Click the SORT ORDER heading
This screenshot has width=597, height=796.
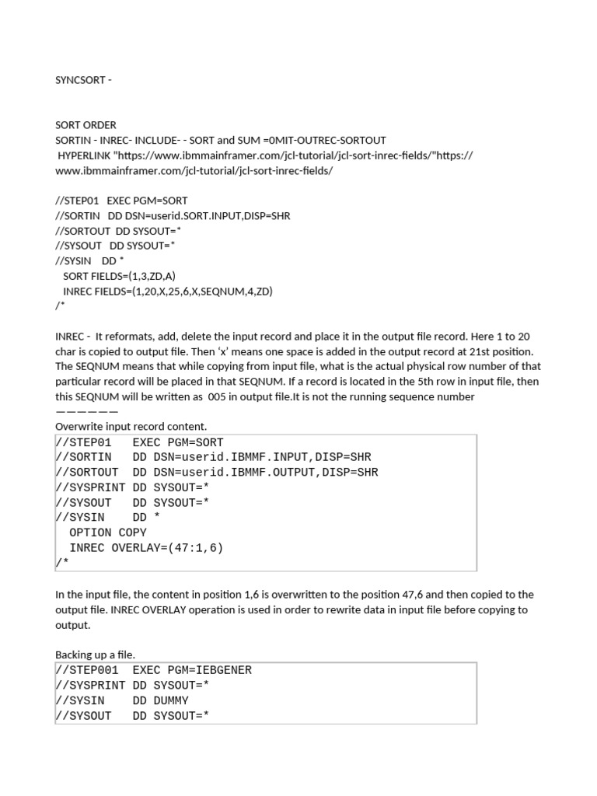[x=86, y=125]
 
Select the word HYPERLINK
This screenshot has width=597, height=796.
[x=86, y=155]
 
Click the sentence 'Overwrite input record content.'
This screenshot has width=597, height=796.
[x=131, y=426]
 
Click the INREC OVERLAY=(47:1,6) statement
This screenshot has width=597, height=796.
[x=146, y=548]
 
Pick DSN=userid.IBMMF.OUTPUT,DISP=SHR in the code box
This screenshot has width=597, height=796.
[x=256, y=472]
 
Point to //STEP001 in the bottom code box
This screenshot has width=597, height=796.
[x=87, y=670]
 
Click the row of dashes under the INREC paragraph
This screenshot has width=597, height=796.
[x=87, y=411]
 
